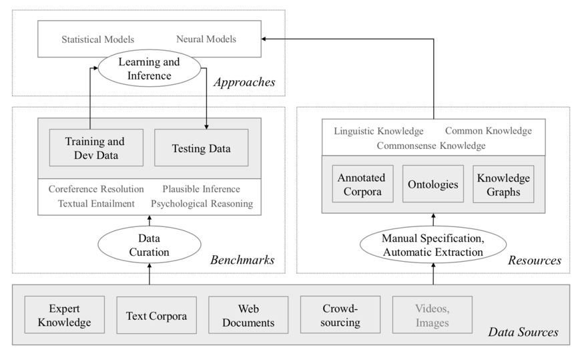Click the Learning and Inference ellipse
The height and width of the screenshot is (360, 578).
150,68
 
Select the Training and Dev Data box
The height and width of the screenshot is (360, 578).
96,148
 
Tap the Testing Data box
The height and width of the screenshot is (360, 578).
202,148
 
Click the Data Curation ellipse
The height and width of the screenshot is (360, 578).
150,244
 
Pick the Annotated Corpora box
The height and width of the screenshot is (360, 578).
362,184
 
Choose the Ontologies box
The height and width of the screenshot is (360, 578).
433,184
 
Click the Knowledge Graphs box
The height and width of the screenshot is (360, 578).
503,184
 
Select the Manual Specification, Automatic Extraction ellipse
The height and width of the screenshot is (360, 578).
433,244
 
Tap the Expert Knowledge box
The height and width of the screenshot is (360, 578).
65,315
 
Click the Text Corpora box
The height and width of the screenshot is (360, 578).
157,315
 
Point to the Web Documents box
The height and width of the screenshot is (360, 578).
248,315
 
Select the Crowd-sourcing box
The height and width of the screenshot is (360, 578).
340,315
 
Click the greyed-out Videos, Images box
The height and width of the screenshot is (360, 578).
432,315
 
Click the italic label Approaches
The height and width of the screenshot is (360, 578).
244,82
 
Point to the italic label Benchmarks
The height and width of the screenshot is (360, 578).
242,260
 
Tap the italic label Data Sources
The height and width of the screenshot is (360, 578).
523,332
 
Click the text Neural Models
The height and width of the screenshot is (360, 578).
206,39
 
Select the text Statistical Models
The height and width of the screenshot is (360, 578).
97,39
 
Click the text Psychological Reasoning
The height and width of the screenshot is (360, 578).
202,204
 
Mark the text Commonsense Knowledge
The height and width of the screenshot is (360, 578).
431,146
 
